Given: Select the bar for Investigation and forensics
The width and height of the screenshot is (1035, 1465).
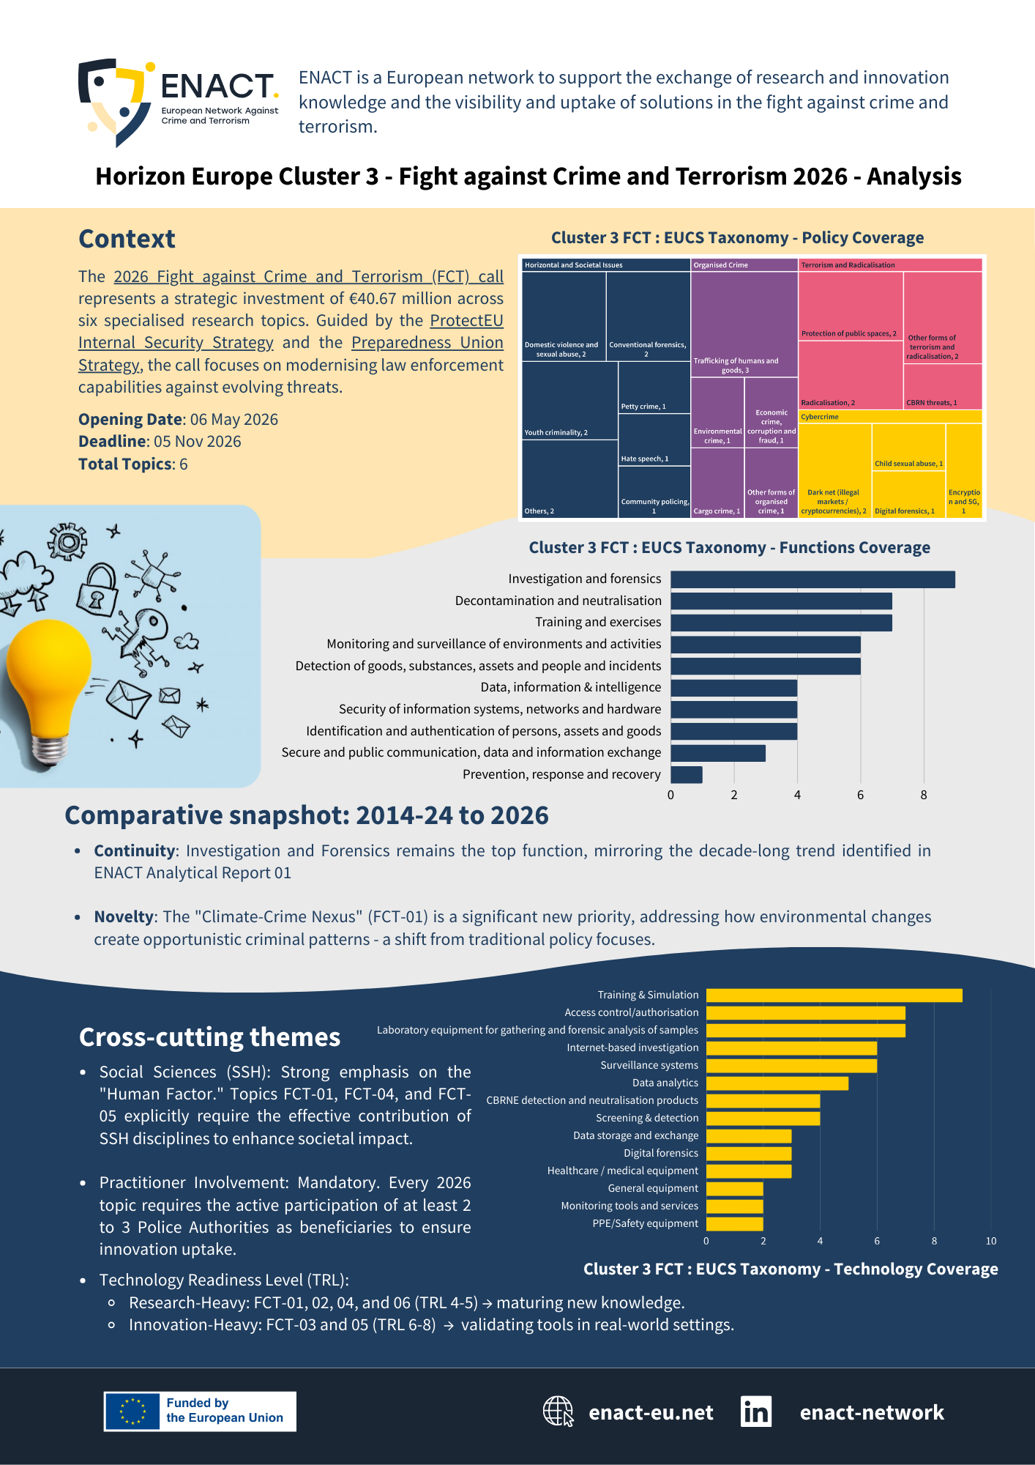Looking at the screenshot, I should point(812,579).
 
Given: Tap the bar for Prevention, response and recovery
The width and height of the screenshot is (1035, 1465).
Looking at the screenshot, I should point(687,774).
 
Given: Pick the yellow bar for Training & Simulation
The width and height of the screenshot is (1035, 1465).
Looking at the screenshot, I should point(834,995).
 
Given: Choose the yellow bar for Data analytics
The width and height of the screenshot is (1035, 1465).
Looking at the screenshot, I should point(777,1083).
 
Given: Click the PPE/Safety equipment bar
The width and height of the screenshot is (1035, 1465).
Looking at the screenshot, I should point(734,1223).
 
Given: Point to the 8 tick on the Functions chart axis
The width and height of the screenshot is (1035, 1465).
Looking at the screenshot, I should point(924,795).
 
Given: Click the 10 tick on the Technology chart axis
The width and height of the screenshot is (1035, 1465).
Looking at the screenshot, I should point(990,1241).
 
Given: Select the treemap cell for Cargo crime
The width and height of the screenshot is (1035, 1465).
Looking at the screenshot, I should point(717,483).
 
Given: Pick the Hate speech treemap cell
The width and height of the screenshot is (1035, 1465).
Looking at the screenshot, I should point(654,439).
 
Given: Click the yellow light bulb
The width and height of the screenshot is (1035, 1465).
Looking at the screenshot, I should point(48,681).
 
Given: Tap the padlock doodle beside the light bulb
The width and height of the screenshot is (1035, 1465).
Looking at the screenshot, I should point(98,591).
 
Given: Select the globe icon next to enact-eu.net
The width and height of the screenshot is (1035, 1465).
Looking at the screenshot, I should point(558,1411).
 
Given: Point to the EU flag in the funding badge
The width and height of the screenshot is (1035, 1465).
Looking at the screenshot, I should point(132,1411).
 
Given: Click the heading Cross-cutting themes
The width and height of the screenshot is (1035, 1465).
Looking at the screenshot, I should point(209,1037).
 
